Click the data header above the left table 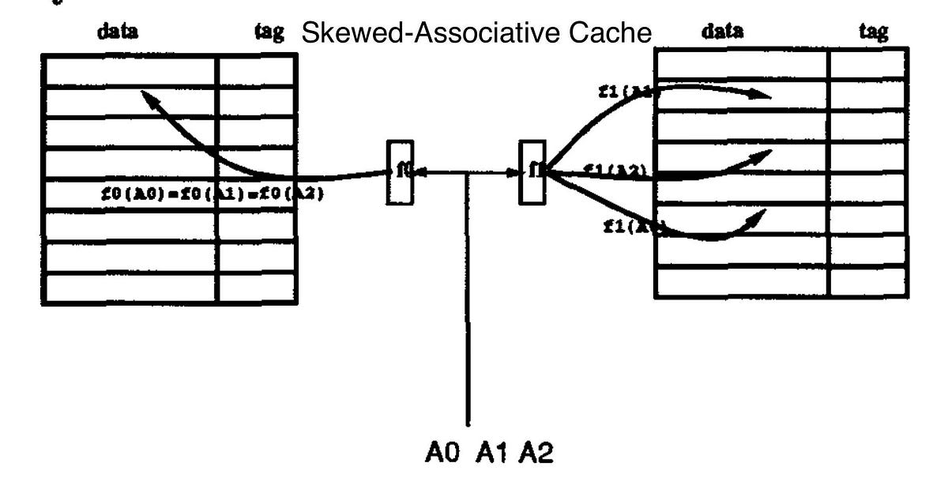117,32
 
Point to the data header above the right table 722,32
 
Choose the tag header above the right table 873,32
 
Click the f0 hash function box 400,172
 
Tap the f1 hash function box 532,172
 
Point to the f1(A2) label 615,170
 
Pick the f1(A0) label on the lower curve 633,228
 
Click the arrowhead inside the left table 146,96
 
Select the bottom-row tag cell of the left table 256,288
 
